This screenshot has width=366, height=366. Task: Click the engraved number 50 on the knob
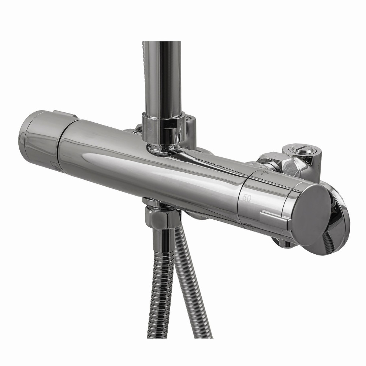point(247,198)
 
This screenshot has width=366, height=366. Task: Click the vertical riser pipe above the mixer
point(163,77)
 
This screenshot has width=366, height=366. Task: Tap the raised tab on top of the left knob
point(64,114)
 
